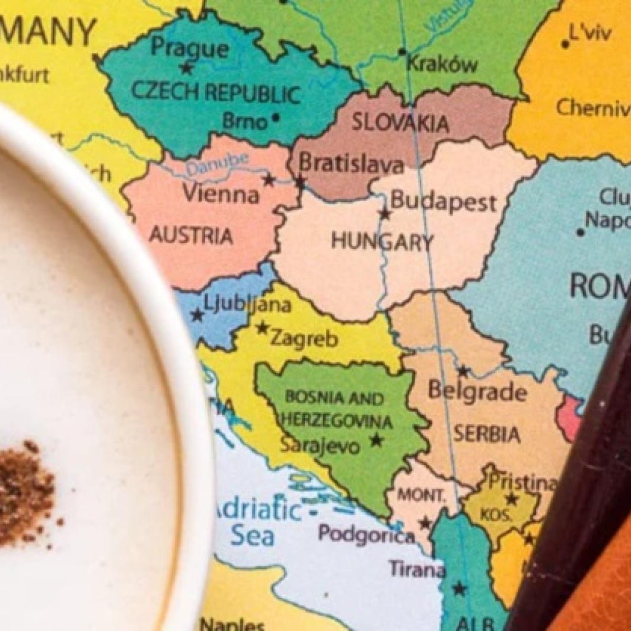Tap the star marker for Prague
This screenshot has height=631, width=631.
pyautogui.click(x=187, y=68)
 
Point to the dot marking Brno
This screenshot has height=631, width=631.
pyautogui.click(x=275, y=117)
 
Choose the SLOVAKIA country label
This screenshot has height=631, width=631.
pyautogui.click(x=400, y=122)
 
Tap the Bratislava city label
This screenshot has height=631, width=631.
pyautogui.click(x=350, y=163)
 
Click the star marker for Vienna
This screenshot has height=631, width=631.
pyautogui.click(x=269, y=179)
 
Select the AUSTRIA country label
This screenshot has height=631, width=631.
pyautogui.click(x=190, y=235)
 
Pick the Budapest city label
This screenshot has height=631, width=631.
pyautogui.click(x=443, y=202)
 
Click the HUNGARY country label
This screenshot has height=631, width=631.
pyautogui.click(x=382, y=241)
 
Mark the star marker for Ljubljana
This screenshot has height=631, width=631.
pyautogui.click(x=197, y=315)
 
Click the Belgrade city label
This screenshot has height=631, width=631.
pyautogui.click(x=477, y=391)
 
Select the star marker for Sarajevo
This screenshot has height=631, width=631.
pyautogui.click(x=376, y=439)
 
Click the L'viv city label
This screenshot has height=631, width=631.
pyautogui.click(x=589, y=33)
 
